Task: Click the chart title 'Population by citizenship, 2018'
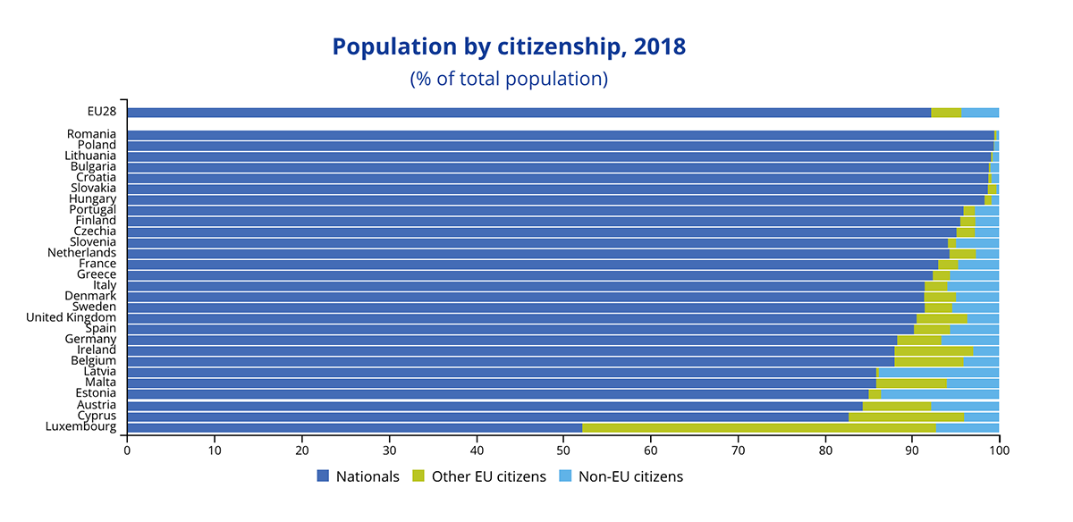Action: (x=509, y=47)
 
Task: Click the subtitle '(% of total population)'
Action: (x=509, y=79)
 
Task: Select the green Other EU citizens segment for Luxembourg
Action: (x=759, y=427)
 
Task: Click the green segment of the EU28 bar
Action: (x=946, y=113)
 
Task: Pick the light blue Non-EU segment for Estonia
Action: (x=940, y=393)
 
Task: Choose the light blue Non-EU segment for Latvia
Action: (x=939, y=372)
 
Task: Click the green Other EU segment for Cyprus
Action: (x=906, y=417)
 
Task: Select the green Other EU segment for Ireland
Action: (x=934, y=350)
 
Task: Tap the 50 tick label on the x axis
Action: (x=563, y=450)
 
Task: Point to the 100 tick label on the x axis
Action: (x=999, y=450)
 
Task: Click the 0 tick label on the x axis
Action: (x=127, y=450)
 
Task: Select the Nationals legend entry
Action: (x=359, y=476)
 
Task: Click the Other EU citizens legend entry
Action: (x=478, y=476)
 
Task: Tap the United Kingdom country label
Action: (x=72, y=317)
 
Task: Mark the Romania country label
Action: (x=91, y=134)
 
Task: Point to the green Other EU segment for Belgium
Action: (x=929, y=361)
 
